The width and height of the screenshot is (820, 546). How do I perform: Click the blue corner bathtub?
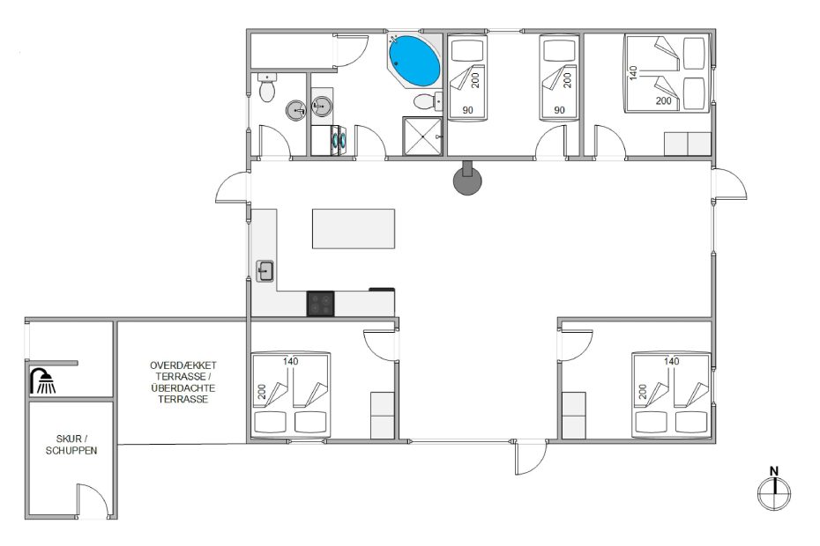(x=414, y=61)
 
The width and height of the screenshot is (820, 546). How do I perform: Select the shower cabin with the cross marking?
(x=422, y=136)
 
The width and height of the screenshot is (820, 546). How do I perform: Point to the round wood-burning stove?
(x=467, y=179)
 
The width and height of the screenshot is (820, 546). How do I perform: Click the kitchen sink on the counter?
(x=265, y=271)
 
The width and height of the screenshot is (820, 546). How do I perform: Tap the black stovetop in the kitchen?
(x=321, y=304)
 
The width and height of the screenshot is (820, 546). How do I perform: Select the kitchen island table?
(x=354, y=229)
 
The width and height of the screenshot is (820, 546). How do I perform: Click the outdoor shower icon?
(x=43, y=381)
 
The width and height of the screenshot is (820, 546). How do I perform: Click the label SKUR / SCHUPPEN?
(x=71, y=445)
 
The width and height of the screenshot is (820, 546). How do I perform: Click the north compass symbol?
(x=774, y=489)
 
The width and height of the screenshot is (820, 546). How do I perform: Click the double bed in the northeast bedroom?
(x=667, y=73)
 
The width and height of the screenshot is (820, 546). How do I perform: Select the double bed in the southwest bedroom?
(x=291, y=395)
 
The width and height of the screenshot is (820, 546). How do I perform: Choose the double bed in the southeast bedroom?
(x=672, y=395)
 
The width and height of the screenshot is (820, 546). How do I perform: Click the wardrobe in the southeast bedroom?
(x=574, y=416)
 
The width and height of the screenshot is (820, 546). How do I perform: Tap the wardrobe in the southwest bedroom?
(x=383, y=416)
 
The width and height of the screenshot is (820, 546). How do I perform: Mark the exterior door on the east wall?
(x=729, y=184)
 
